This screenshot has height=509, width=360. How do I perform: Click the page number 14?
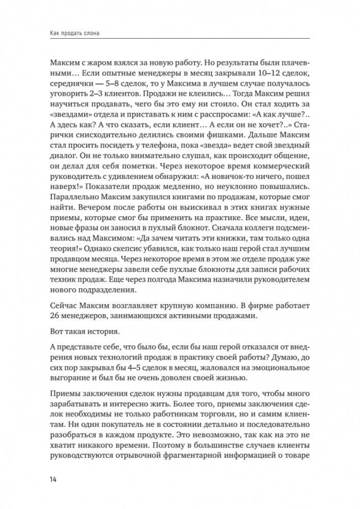(53, 480)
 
